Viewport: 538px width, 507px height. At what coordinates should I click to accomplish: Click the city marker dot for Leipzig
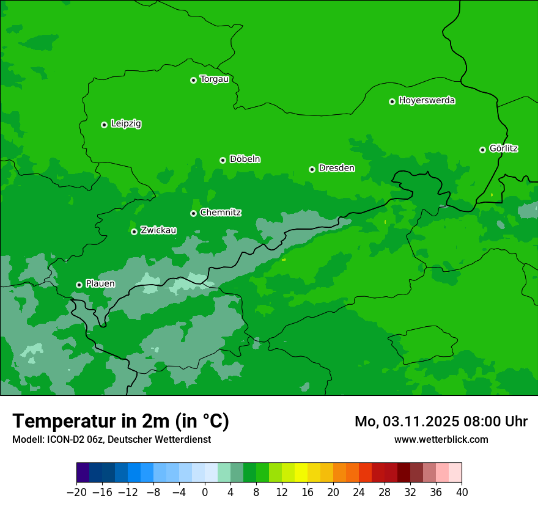104,125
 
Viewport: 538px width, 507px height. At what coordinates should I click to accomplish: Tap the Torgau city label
214,79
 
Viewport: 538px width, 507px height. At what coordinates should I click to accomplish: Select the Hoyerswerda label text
427,101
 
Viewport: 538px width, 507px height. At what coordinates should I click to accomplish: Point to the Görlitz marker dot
482,150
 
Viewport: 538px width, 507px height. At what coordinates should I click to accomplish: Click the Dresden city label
336,169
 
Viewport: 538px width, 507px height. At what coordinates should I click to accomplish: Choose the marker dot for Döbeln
223,160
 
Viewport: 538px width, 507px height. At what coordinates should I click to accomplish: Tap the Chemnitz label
220,213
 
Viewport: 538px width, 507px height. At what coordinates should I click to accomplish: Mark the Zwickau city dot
134,232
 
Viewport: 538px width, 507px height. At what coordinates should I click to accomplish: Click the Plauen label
100,284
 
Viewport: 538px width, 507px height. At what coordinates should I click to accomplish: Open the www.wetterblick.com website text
441,439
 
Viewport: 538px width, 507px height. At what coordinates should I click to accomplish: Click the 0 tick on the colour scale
205,492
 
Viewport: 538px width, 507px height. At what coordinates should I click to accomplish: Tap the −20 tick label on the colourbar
76,492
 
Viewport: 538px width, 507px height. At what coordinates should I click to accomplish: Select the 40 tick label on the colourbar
462,492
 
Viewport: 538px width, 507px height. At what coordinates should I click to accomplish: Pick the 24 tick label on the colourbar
359,492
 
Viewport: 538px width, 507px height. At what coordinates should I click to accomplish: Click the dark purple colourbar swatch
83,473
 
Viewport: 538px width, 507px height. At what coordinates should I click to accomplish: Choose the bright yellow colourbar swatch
301,473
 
